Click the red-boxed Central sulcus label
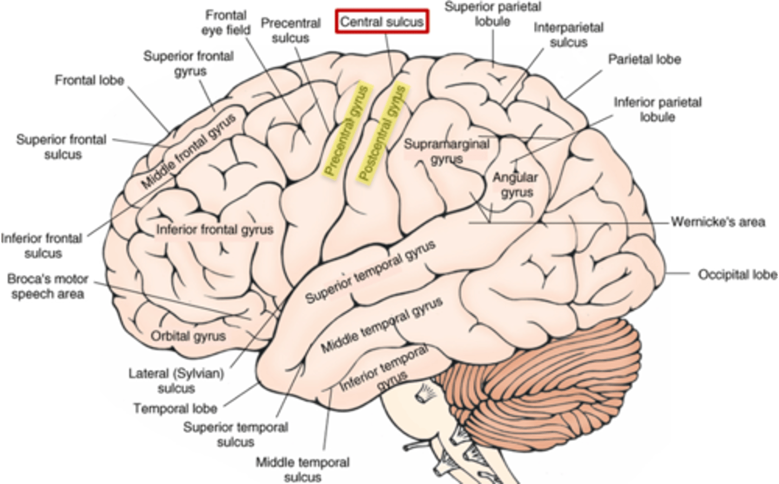click(x=382, y=22)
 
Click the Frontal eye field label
click(x=226, y=23)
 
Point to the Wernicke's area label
click(x=718, y=222)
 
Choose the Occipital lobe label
click(x=737, y=275)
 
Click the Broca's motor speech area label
click(x=48, y=287)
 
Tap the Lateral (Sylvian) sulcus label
click(x=176, y=381)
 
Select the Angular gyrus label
click(x=516, y=185)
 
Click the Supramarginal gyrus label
click(x=446, y=151)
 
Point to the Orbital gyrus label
click(x=188, y=336)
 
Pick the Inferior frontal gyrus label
click(x=215, y=229)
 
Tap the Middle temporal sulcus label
click(x=302, y=469)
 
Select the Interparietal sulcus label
click(x=568, y=35)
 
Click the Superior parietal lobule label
click(x=493, y=14)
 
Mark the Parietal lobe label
click(x=644, y=59)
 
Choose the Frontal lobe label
click(x=89, y=81)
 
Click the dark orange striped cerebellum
click(x=530, y=379)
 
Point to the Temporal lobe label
click(x=175, y=408)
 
